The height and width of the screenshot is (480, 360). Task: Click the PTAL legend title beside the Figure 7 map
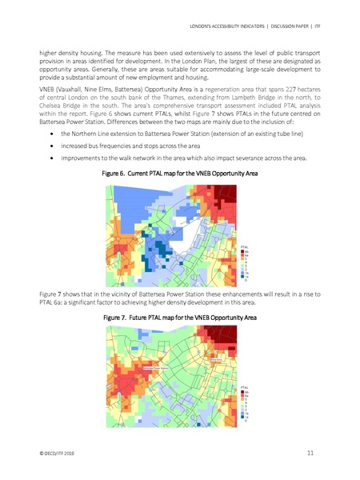coord(245,387)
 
